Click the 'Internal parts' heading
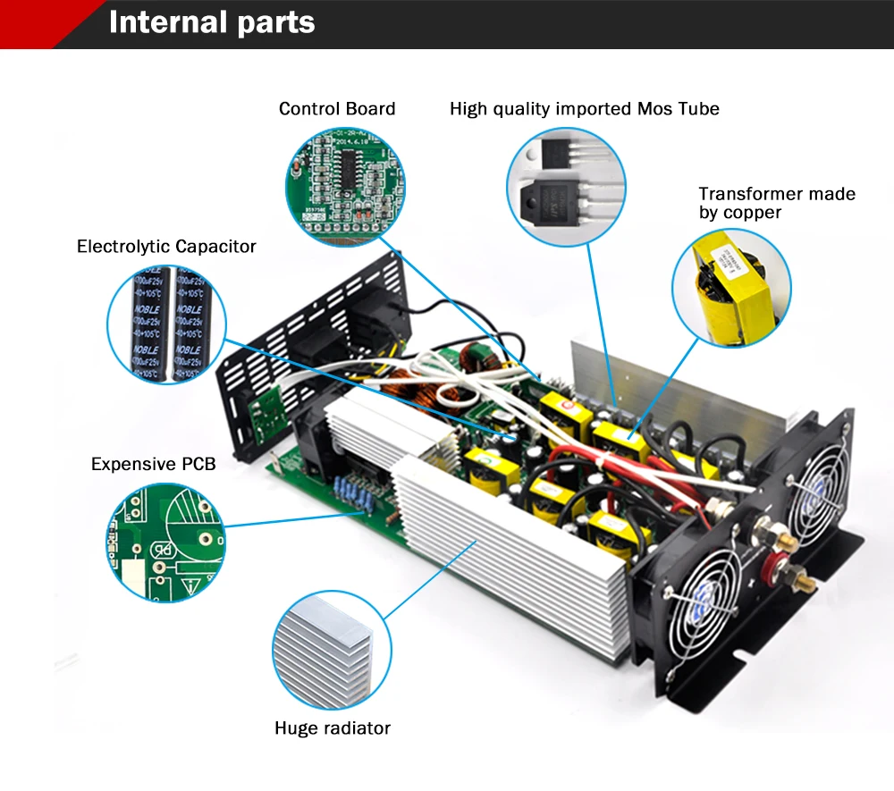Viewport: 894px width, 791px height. [x=212, y=22]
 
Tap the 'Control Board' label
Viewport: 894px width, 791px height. [x=336, y=109]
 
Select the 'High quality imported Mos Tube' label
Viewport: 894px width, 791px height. [x=584, y=109]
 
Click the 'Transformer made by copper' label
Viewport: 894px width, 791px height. [x=776, y=203]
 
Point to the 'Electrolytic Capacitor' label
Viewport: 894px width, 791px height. [x=166, y=247]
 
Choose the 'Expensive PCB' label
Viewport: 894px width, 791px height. [x=153, y=464]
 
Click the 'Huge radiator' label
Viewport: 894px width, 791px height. [x=333, y=728]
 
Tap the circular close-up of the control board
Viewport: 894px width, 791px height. [x=344, y=184]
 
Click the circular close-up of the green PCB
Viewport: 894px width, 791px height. [x=164, y=543]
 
